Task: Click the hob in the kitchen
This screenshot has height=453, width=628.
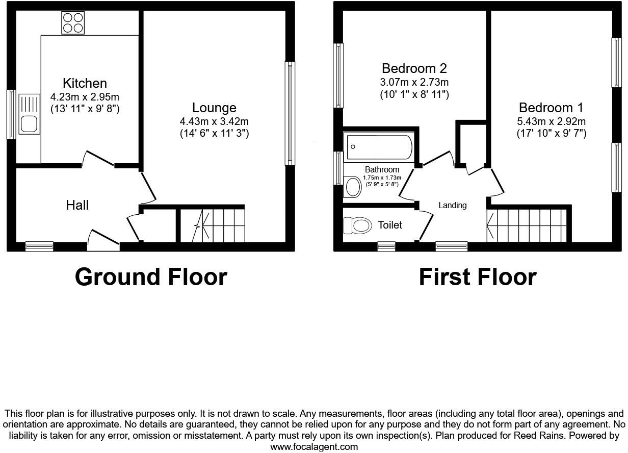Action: (x=73, y=22)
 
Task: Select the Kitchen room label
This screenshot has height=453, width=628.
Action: (x=85, y=83)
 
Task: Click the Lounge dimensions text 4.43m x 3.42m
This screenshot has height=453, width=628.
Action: (x=214, y=121)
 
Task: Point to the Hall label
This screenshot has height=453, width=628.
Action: (x=77, y=205)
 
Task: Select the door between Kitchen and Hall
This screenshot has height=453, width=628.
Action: (x=98, y=159)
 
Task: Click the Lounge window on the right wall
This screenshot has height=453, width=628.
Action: (x=290, y=113)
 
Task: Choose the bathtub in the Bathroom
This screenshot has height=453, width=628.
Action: (x=379, y=147)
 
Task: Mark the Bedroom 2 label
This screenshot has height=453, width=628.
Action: (x=414, y=68)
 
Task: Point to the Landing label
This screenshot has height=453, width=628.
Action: (x=453, y=205)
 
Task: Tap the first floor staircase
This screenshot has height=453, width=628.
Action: (x=527, y=225)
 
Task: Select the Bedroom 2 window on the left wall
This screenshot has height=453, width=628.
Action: (x=338, y=75)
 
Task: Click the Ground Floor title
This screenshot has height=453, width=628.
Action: (x=151, y=277)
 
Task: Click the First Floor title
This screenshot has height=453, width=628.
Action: (x=478, y=277)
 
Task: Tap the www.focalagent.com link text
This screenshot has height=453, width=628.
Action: (x=314, y=447)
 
